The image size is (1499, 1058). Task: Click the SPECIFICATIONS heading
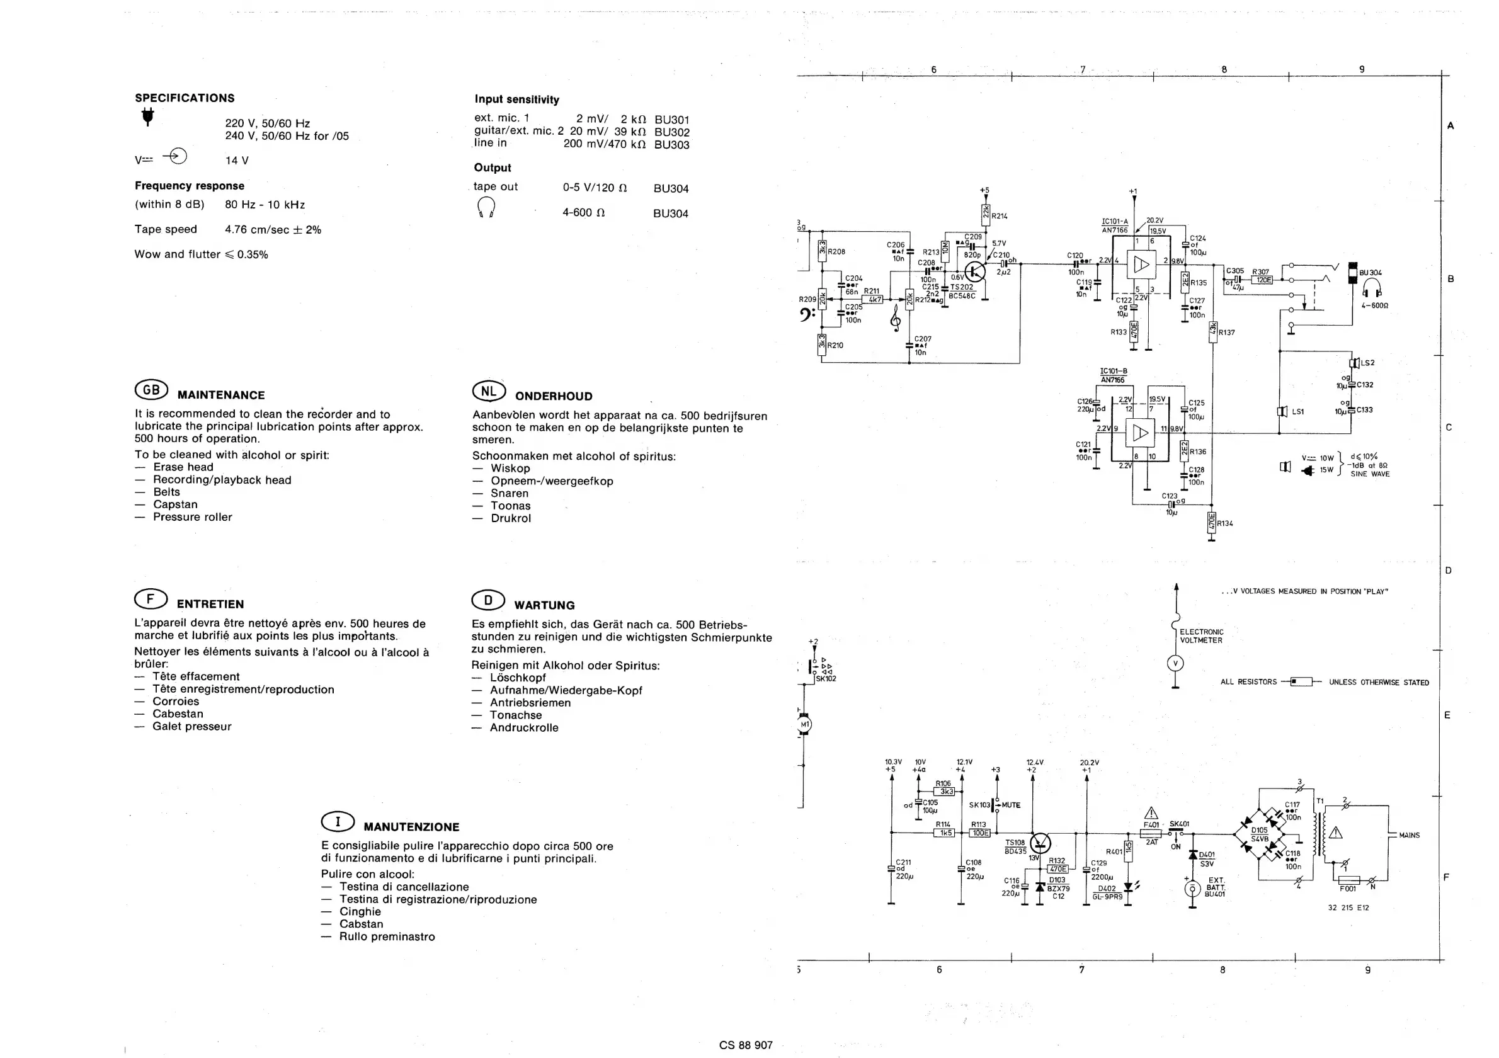tap(185, 98)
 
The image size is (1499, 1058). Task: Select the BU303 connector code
tap(671, 145)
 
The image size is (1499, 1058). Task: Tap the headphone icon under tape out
tap(486, 208)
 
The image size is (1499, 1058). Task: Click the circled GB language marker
tap(151, 390)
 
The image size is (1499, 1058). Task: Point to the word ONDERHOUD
tap(554, 396)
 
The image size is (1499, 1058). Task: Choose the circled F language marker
tap(150, 598)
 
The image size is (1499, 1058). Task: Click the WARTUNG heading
tap(545, 605)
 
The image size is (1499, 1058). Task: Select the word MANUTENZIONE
tap(411, 827)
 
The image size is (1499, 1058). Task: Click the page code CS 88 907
tap(746, 1045)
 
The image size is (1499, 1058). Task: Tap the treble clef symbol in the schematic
tap(896, 319)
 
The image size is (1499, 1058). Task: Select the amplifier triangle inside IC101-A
tap(1141, 264)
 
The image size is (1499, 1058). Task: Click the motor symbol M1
tap(805, 724)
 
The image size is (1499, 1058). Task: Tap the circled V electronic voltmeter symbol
tap(1175, 664)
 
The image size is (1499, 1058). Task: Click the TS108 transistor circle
tap(1040, 843)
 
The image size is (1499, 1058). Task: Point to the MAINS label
tap(1409, 835)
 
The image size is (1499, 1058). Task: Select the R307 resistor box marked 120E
tap(1264, 280)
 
